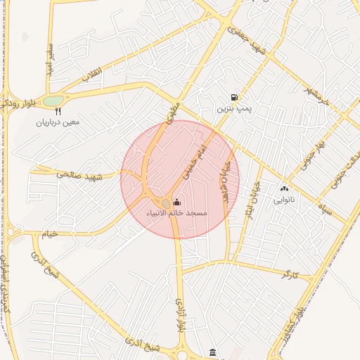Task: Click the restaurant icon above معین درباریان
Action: (x=58, y=111)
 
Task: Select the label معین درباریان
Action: (x=58, y=122)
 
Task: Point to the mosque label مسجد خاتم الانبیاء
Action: (x=176, y=212)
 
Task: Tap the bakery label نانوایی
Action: (x=285, y=200)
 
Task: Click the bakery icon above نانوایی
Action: (x=285, y=188)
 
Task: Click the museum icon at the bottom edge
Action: (x=213, y=352)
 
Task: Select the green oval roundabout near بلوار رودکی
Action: (x=53, y=101)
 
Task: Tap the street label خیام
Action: (x=49, y=234)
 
